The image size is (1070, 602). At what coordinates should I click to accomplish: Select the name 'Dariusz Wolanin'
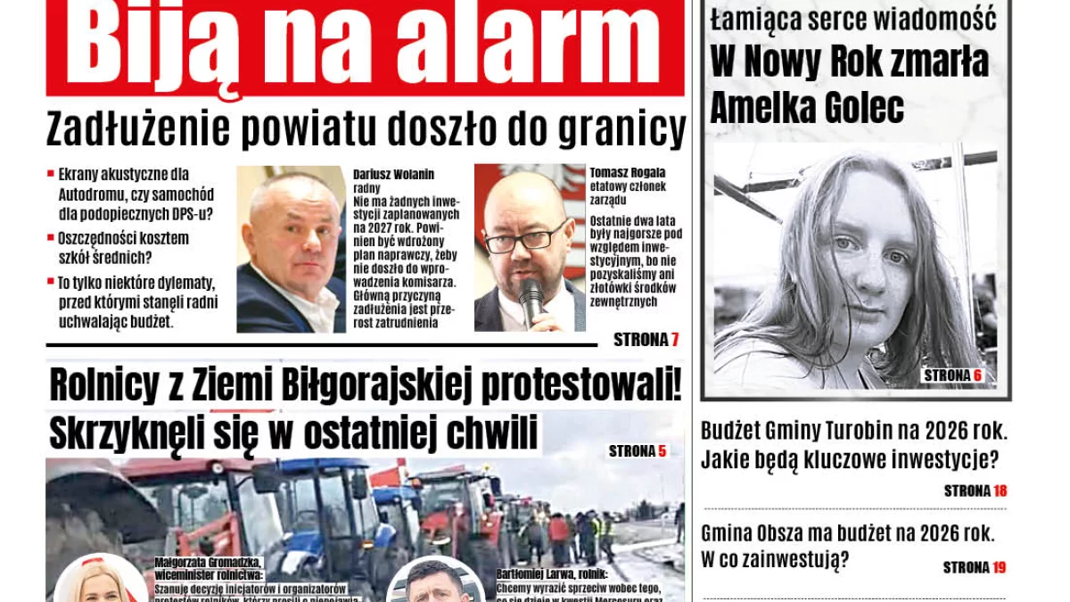click(393, 175)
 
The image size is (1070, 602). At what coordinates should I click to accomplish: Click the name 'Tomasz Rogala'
click(628, 172)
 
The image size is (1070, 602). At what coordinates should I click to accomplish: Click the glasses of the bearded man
click(526, 240)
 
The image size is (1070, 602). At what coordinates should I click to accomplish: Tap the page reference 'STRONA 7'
click(646, 340)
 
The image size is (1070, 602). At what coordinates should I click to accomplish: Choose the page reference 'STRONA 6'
click(952, 375)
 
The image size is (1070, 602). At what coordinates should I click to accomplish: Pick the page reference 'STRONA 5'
click(638, 451)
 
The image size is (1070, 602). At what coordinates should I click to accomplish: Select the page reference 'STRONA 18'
click(975, 491)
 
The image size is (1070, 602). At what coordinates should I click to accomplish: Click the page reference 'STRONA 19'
click(975, 567)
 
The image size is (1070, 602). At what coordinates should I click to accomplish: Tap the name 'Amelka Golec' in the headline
click(807, 109)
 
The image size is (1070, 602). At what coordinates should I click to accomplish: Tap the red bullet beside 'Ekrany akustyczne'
click(51, 172)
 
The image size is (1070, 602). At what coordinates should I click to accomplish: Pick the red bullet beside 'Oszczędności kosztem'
click(51, 237)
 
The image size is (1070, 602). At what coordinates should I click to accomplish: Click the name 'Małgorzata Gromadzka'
click(208, 563)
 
